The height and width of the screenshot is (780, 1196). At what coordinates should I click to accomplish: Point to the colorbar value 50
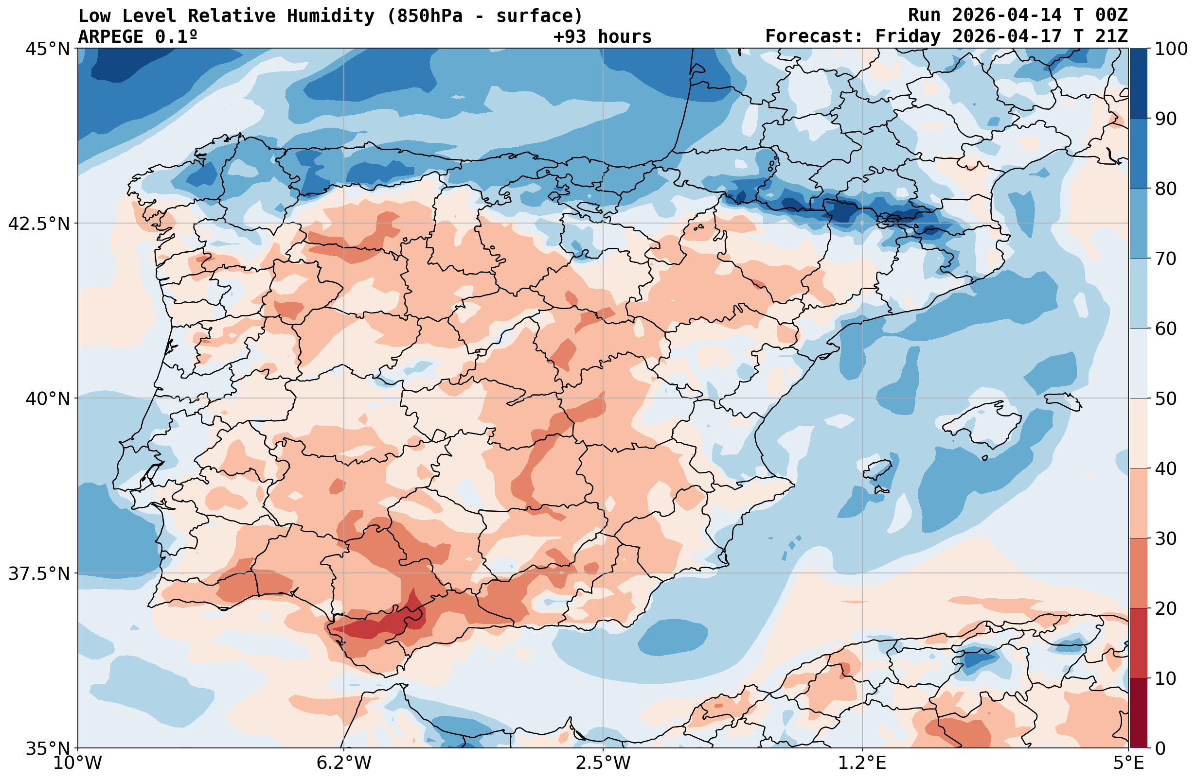[1166, 399]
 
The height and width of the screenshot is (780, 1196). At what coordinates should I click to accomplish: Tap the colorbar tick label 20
[1166, 609]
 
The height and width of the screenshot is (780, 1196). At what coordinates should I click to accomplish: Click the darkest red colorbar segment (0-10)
[1138, 713]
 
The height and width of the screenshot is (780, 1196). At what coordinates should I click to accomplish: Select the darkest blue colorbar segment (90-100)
[1138, 84]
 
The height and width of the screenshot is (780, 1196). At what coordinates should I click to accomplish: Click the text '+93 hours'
[602, 36]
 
